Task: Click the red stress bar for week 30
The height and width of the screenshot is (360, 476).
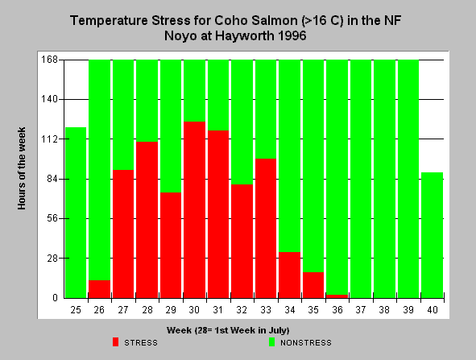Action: tap(194, 209)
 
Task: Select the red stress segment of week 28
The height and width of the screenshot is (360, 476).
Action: tap(147, 220)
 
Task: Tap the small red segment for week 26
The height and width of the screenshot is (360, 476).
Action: tap(99, 289)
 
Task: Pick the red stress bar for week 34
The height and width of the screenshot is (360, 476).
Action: tap(290, 275)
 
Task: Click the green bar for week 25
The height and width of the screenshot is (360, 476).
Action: tap(76, 213)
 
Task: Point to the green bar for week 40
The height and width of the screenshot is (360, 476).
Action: tap(433, 235)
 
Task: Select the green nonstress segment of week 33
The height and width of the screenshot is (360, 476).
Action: tap(266, 110)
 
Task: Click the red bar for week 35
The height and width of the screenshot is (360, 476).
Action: tap(313, 285)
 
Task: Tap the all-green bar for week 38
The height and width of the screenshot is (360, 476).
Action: tap(385, 179)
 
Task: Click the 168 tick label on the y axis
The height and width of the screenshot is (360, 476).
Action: tap(49, 60)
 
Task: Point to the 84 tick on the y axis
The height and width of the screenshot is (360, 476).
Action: tap(52, 179)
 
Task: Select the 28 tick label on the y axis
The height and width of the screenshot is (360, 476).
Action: tap(52, 259)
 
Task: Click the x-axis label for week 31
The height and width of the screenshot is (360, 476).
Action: tap(218, 310)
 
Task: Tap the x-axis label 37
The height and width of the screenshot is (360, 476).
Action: tap(361, 310)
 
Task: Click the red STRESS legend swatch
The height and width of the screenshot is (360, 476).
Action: tap(115, 342)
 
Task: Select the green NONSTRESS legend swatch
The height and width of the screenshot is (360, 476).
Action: tap(271, 342)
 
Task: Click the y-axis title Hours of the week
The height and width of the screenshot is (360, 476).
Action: tap(22, 168)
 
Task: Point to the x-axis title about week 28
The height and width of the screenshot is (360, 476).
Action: tap(228, 330)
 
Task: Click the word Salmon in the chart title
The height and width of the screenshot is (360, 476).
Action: tap(276, 21)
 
